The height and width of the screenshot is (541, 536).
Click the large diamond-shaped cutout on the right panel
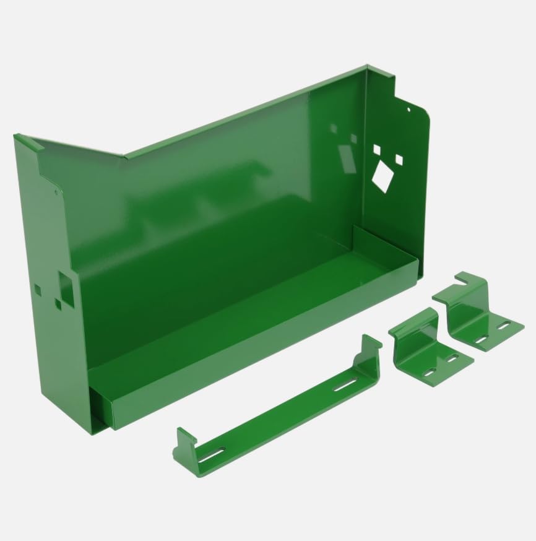coord(382,176)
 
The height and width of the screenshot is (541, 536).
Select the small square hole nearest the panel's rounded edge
coord(399,160)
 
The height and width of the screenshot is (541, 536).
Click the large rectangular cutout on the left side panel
coord(66,287)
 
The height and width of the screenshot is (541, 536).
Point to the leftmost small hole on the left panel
coord(38,289)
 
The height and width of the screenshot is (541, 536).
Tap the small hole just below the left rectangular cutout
coord(58,305)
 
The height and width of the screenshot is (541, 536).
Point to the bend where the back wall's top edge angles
coord(126,156)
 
